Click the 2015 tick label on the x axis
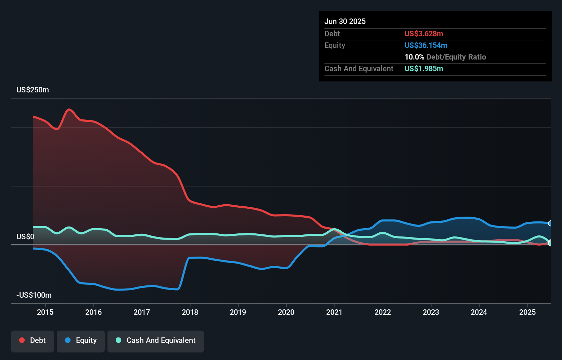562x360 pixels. point(45,312)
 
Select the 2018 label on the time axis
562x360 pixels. point(190,312)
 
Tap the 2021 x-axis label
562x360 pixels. point(334,312)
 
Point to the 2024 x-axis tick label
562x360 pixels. point(479,312)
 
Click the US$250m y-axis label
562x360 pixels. point(33,90)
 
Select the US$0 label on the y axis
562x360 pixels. point(25,237)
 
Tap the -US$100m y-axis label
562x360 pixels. point(34,295)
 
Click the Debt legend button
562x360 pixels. point(33,340)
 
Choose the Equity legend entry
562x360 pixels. point(81,340)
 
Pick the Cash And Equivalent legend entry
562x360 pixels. point(156,340)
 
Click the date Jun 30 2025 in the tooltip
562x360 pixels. point(345,22)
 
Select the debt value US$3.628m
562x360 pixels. point(424,34)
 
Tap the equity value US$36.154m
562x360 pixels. point(426,46)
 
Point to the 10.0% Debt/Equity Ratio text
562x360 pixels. point(445,57)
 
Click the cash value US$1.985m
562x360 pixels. point(424,69)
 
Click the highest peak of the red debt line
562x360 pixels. point(69,110)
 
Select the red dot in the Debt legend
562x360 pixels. point(22,340)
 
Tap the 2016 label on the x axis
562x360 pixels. point(93,312)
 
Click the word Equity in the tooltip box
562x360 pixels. point(335,46)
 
